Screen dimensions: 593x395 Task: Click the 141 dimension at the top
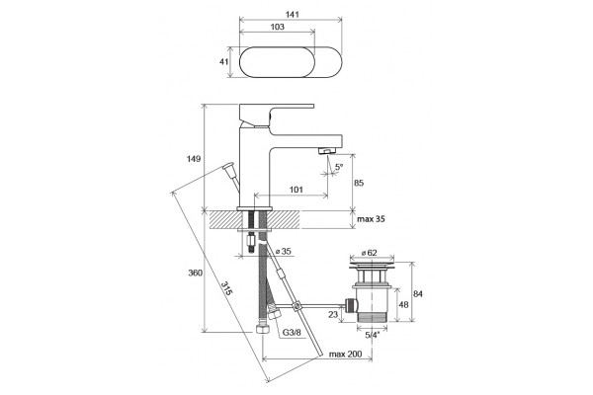click(x=292, y=15)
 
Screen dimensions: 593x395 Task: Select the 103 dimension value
click(x=277, y=27)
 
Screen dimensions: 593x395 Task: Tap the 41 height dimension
click(x=224, y=61)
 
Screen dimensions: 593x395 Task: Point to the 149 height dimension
click(x=194, y=159)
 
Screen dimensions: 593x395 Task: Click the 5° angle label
click(x=339, y=166)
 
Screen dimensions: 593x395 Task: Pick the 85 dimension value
click(x=359, y=183)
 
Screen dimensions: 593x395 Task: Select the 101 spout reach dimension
click(x=296, y=190)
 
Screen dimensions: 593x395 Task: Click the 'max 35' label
click(x=371, y=219)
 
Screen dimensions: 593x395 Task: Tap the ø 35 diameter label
click(x=284, y=251)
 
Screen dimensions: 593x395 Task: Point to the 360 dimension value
click(x=195, y=273)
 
